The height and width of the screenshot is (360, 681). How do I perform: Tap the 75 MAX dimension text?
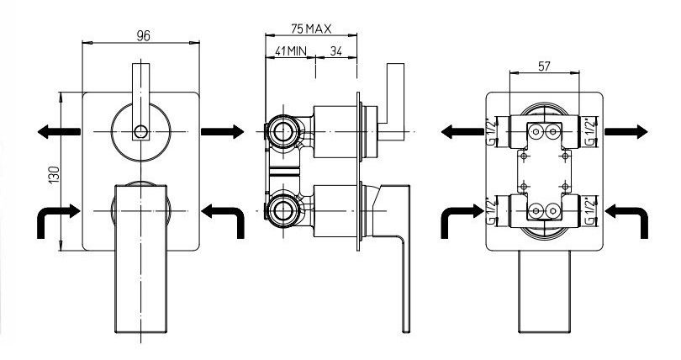[309, 28]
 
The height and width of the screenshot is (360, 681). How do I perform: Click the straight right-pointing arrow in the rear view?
[626, 131]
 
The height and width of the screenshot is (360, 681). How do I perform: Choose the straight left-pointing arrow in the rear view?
[462, 131]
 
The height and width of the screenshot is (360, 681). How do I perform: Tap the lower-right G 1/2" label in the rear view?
[591, 207]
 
